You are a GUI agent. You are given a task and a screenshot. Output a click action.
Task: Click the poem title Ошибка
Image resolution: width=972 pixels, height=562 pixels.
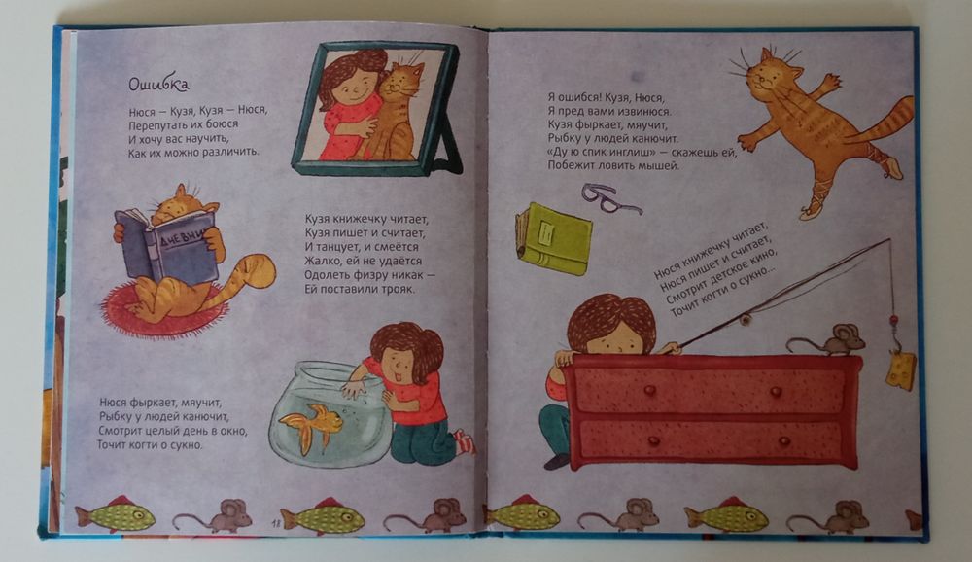click(x=158, y=84)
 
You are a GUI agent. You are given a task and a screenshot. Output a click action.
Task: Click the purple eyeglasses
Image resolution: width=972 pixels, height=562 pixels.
click(x=609, y=198)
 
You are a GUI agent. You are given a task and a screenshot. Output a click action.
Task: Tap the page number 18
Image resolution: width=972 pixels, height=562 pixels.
click(x=276, y=524)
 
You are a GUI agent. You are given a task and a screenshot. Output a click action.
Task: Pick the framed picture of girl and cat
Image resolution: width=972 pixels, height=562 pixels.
click(x=377, y=109)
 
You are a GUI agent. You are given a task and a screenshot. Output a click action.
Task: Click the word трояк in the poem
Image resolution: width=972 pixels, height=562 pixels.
click(x=397, y=289)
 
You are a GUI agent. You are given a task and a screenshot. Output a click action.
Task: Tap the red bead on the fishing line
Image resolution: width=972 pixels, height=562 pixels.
click(x=894, y=321)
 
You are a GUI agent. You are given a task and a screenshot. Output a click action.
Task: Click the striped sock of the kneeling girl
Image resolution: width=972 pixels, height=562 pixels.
click(x=465, y=442)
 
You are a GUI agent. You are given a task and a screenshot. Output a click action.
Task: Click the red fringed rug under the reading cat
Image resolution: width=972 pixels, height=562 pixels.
click(x=162, y=311)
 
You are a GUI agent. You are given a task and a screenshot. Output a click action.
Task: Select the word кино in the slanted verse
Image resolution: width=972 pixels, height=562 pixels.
click(x=763, y=260)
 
